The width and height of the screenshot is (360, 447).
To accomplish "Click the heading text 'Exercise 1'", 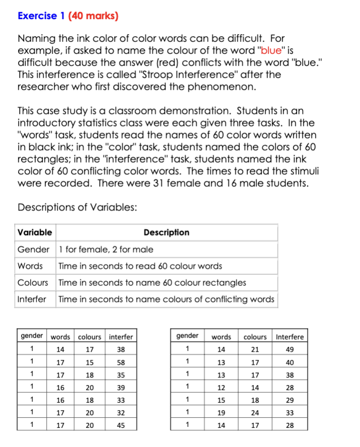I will pyautogui.click(x=37, y=16).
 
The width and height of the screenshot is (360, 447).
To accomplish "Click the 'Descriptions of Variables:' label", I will pyautogui.click(x=76, y=207).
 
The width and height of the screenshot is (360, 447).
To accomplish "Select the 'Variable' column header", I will pyautogui.click(x=35, y=233).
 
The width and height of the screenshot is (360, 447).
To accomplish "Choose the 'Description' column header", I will pyautogui.click(x=166, y=233).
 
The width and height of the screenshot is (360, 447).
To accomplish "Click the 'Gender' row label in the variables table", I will pyautogui.click(x=33, y=250).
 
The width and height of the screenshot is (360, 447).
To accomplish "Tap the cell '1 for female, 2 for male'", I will pyautogui.click(x=106, y=250).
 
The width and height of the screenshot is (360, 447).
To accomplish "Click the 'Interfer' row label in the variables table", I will pyautogui.click(x=32, y=299).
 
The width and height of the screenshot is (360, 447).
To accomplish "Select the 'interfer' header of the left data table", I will pyautogui.click(x=121, y=337).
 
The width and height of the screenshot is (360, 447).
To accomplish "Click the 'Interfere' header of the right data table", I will pyautogui.click(x=289, y=337).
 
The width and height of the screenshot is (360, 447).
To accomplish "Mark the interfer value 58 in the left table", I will pyautogui.click(x=120, y=362).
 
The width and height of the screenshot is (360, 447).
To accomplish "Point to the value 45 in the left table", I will pyautogui.click(x=120, y=425).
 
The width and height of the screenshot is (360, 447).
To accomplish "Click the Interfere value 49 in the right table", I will pyautogui.click(x=289, y=350).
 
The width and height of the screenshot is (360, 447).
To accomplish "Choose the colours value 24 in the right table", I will pyautogui.click(x=255, y=413).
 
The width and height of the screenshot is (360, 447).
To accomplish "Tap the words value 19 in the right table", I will pyautogui.click(x=221, y=413).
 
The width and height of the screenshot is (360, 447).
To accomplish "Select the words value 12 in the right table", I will pyautogui.click(x=221, y=388).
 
